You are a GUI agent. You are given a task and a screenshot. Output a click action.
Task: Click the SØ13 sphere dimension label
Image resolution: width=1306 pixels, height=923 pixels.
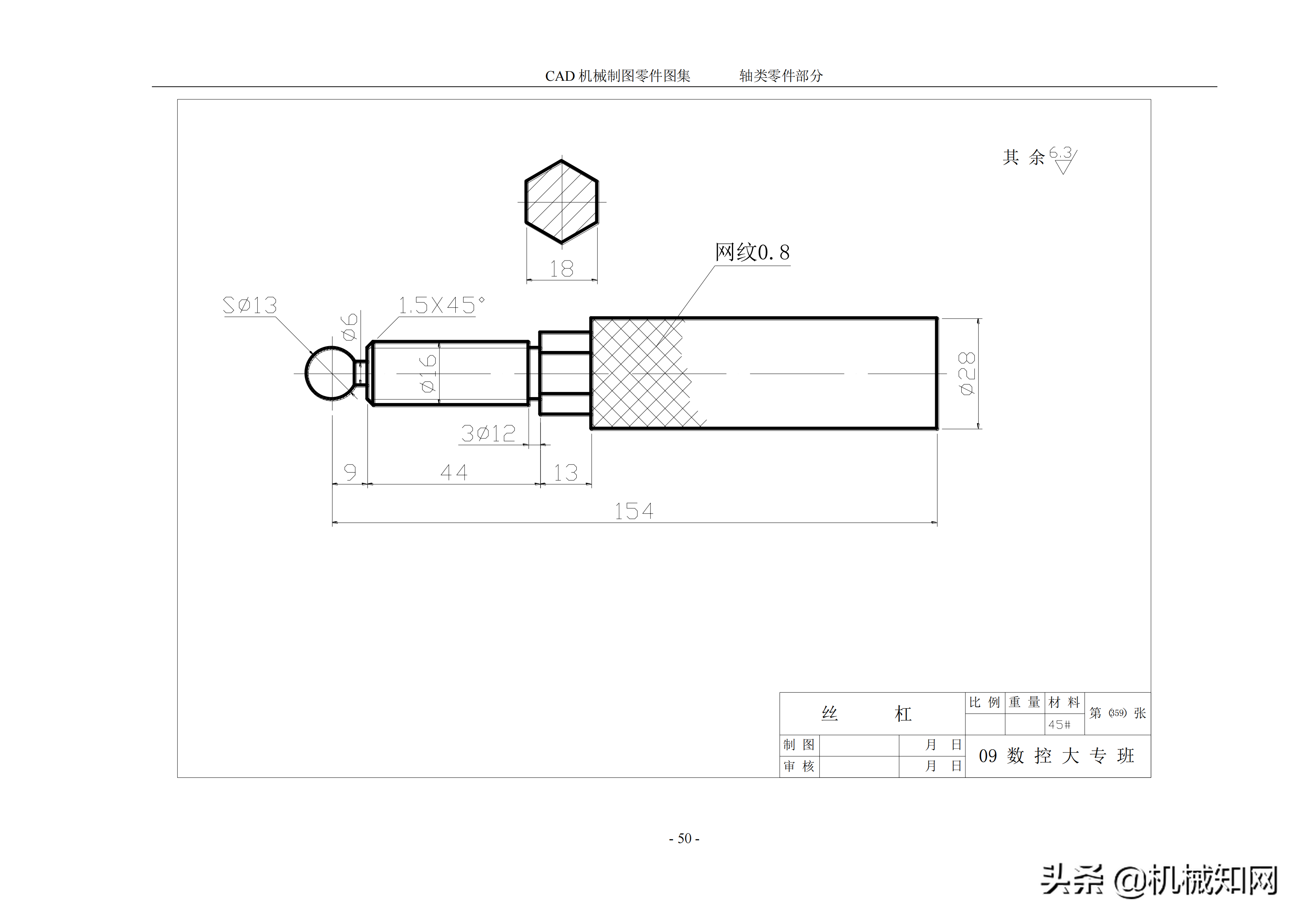250,306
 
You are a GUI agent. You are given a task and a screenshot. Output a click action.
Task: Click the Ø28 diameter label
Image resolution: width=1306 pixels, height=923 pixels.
966,374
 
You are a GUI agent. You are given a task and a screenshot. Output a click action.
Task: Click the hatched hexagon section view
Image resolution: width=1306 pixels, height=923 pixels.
561,202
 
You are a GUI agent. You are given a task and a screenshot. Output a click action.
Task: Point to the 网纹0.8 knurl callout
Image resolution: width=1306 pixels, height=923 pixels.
752,252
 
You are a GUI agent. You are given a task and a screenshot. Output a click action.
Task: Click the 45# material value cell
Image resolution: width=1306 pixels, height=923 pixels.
1060,725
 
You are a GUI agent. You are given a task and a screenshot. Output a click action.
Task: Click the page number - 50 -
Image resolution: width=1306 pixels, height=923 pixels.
684,838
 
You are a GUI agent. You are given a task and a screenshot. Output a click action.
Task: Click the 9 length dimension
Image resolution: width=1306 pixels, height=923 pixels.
350,472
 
